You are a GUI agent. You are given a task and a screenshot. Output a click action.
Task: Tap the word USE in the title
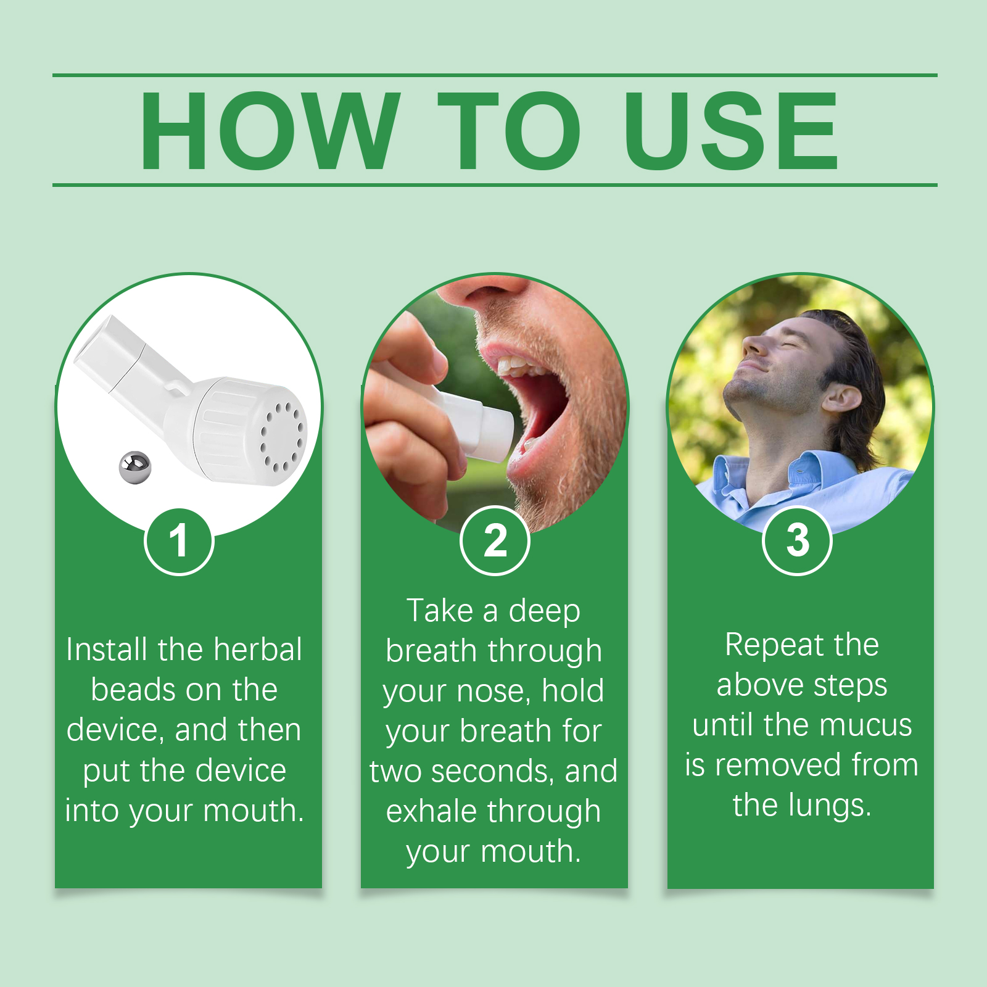[732, 130]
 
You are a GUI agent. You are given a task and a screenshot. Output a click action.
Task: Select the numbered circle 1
[179, 542]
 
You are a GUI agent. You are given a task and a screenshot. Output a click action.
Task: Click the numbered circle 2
[495, 540]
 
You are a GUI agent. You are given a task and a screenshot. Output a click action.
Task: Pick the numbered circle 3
[797, 540]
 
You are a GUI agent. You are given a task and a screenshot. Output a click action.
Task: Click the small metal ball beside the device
[134, 468]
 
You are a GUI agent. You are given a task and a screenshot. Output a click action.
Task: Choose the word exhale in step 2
[426, 811]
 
